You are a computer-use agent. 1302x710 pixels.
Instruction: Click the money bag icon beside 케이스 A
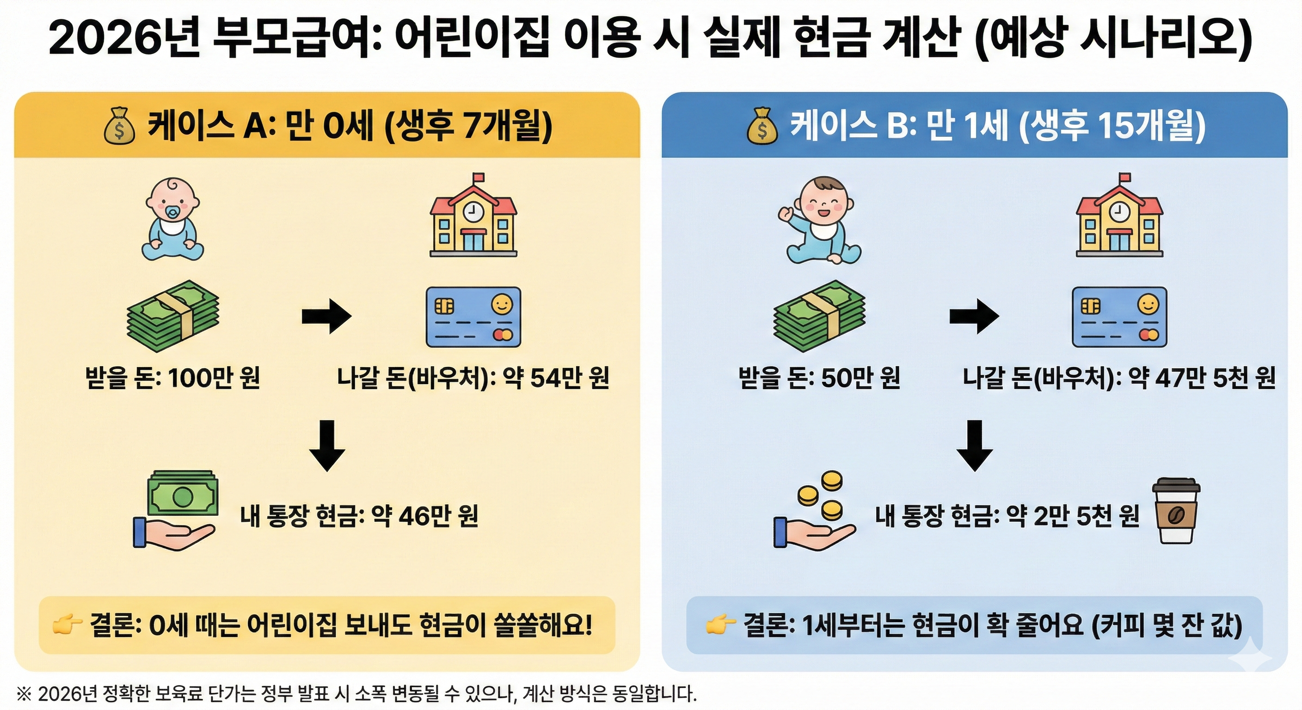[119, 126]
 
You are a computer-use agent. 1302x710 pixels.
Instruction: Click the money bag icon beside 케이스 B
[762, 126]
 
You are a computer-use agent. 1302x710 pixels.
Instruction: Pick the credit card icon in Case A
[473, 317]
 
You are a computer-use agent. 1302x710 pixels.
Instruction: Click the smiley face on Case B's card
[1148, 305]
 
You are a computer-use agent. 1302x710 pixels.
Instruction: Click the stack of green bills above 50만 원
[819, 316]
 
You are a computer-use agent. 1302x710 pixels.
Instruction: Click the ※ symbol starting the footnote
[24, 693]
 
